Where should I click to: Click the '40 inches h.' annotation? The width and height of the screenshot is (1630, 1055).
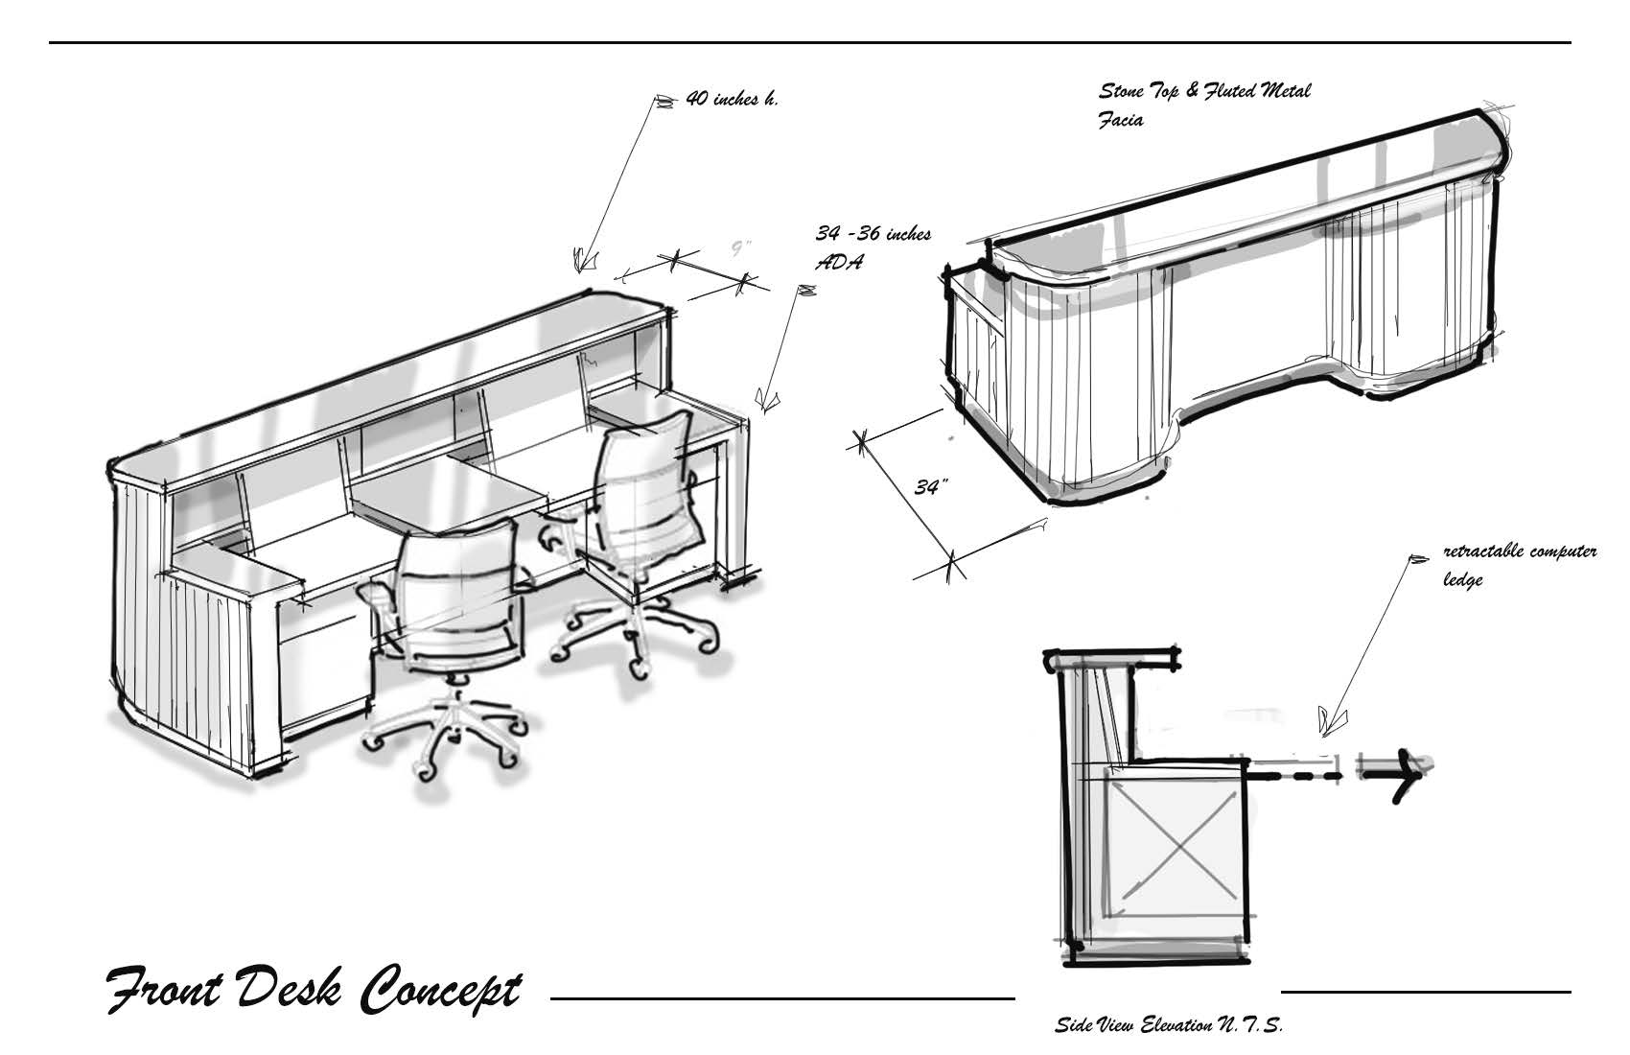732,99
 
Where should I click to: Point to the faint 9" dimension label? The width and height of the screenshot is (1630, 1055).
741,249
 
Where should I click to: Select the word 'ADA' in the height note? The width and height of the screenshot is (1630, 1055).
839,262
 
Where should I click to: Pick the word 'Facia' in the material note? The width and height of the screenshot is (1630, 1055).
1121,120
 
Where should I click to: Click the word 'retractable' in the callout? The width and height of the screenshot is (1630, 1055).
1482,551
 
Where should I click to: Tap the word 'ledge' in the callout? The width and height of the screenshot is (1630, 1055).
1462,580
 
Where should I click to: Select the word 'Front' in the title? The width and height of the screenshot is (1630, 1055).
165,989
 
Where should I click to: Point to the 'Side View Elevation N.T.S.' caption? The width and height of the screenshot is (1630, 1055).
1170,1024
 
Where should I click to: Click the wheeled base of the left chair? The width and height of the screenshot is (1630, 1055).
446,736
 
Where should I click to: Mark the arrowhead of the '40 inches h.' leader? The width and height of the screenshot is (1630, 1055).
584,260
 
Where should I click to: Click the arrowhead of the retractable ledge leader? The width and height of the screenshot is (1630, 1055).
1332,720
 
